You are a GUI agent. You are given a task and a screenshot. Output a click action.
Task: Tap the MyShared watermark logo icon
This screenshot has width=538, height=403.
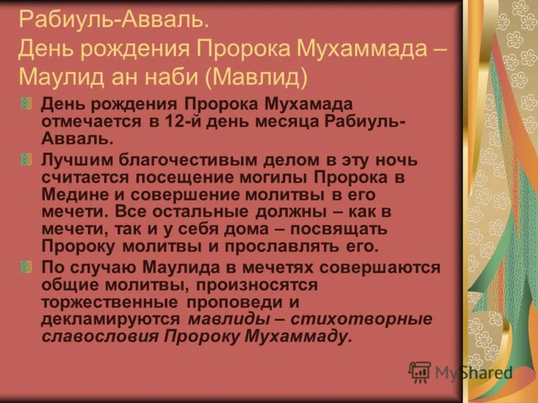point(420,371)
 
